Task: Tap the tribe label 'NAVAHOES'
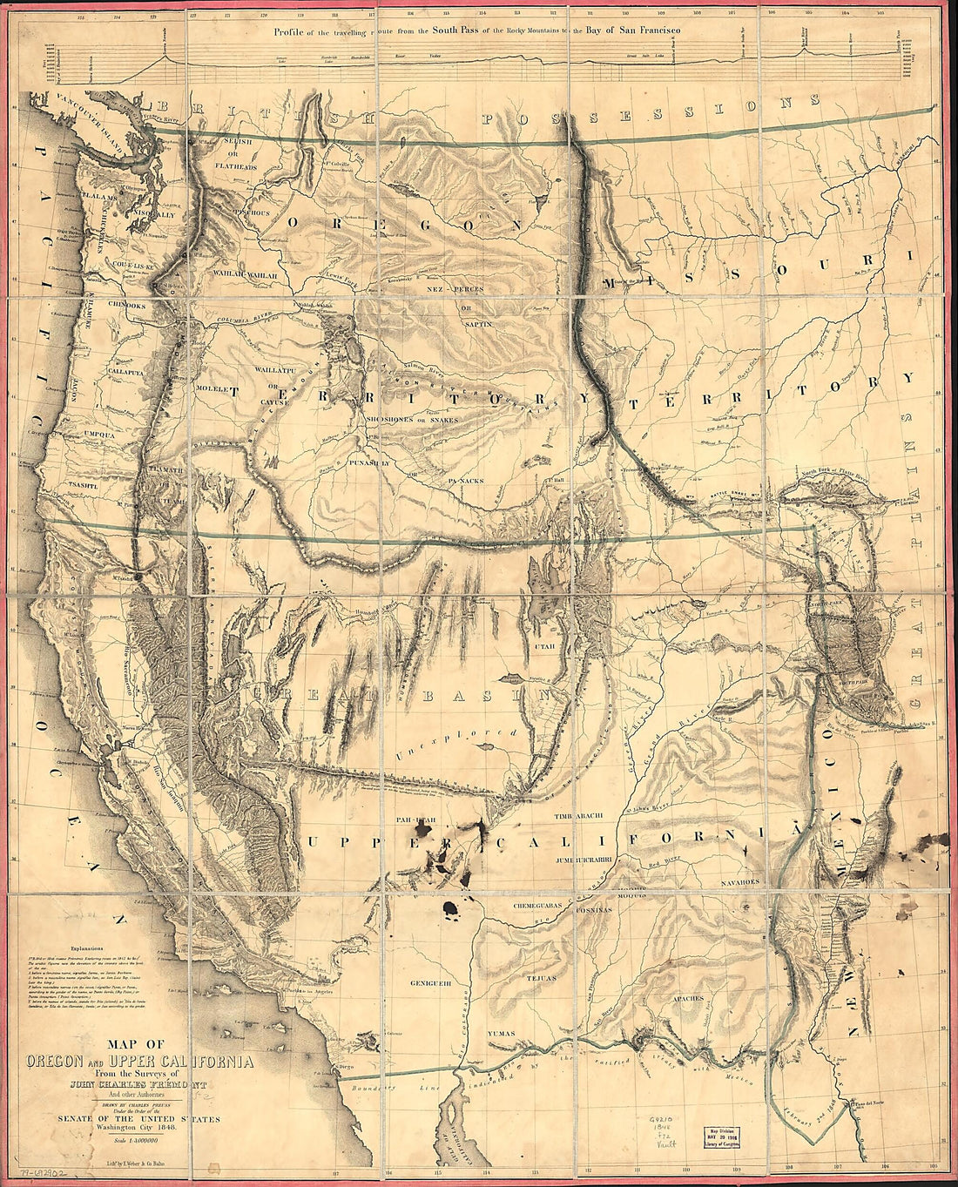pyautogui.click(x=742, y=881)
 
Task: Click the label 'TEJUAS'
pyautogui.click(x=545, y=977)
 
